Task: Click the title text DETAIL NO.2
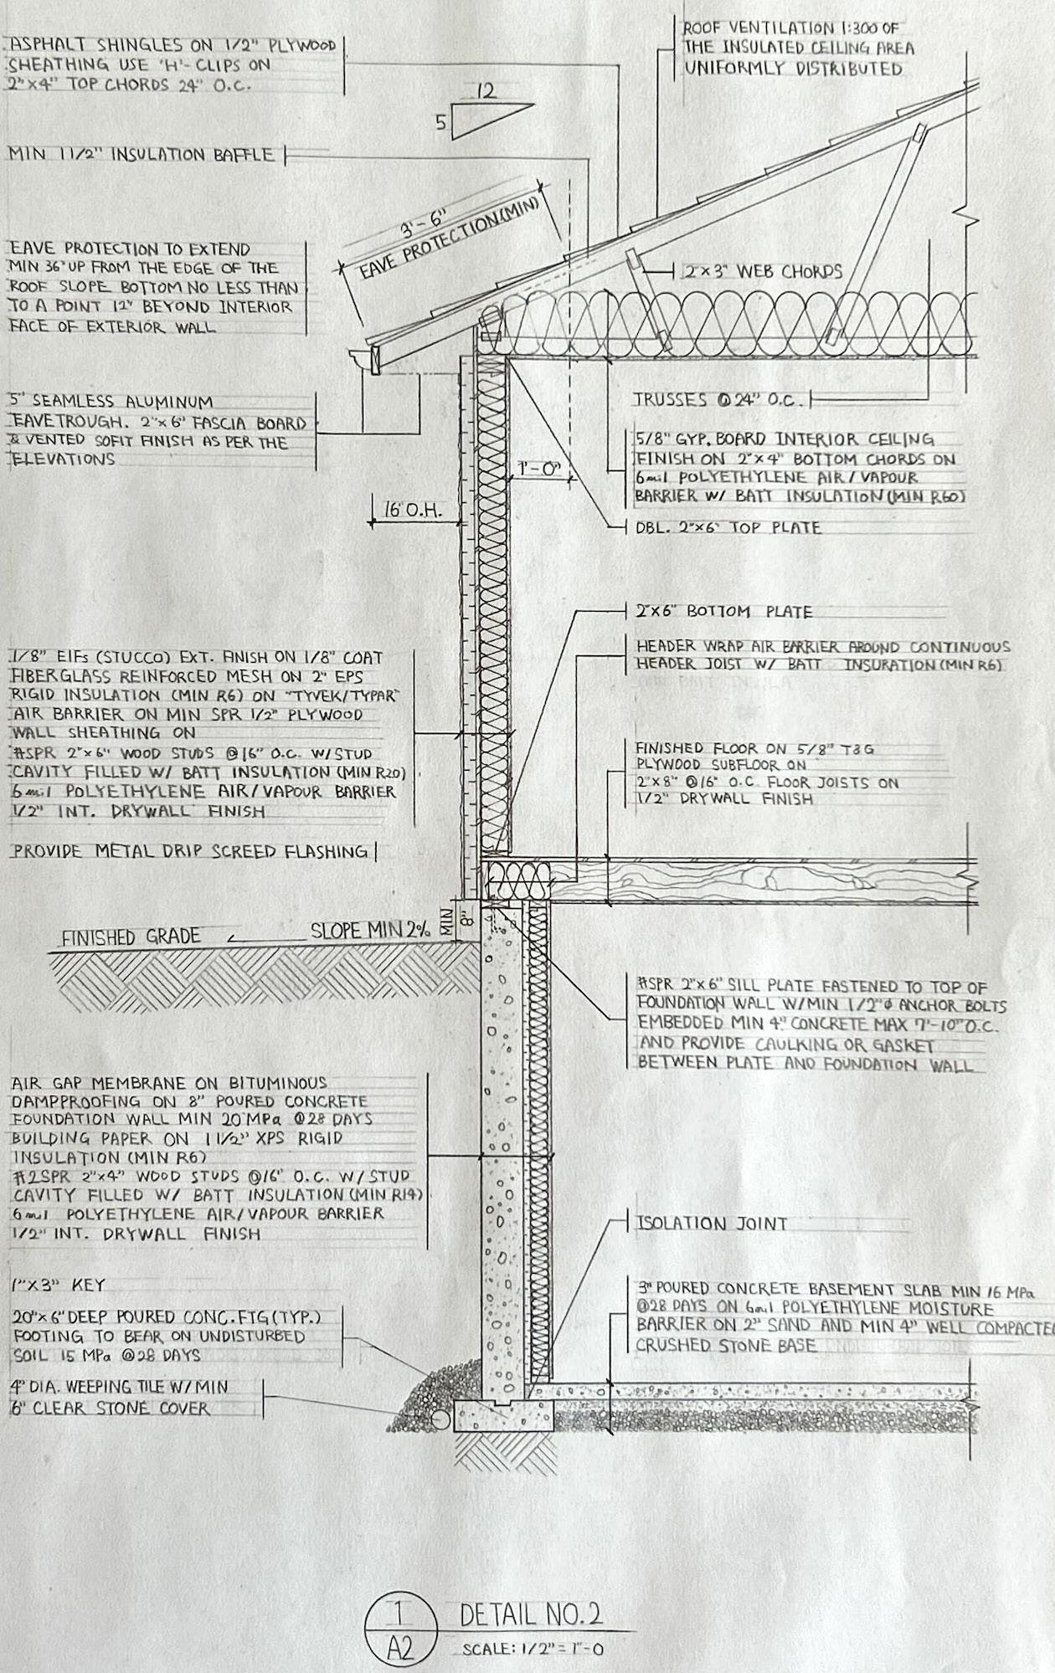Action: tap(532, 1614)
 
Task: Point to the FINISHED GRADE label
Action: tap(131, 937)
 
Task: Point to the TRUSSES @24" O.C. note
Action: tap(717, 400)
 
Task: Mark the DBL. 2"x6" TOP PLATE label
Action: tap(728, 528)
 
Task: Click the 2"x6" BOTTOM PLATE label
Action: tap(724, 612)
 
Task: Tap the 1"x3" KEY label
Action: tap(59, 1285)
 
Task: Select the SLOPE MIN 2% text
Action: tap(370, 930)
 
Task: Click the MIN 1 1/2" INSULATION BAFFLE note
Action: tap(141, 155)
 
